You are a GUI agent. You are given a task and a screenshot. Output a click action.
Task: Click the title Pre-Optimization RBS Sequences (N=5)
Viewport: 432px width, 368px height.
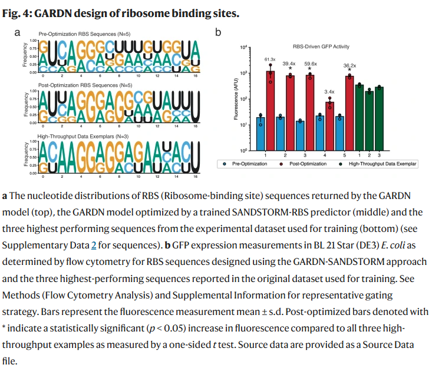pyautogui.click(x=81, y=32)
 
